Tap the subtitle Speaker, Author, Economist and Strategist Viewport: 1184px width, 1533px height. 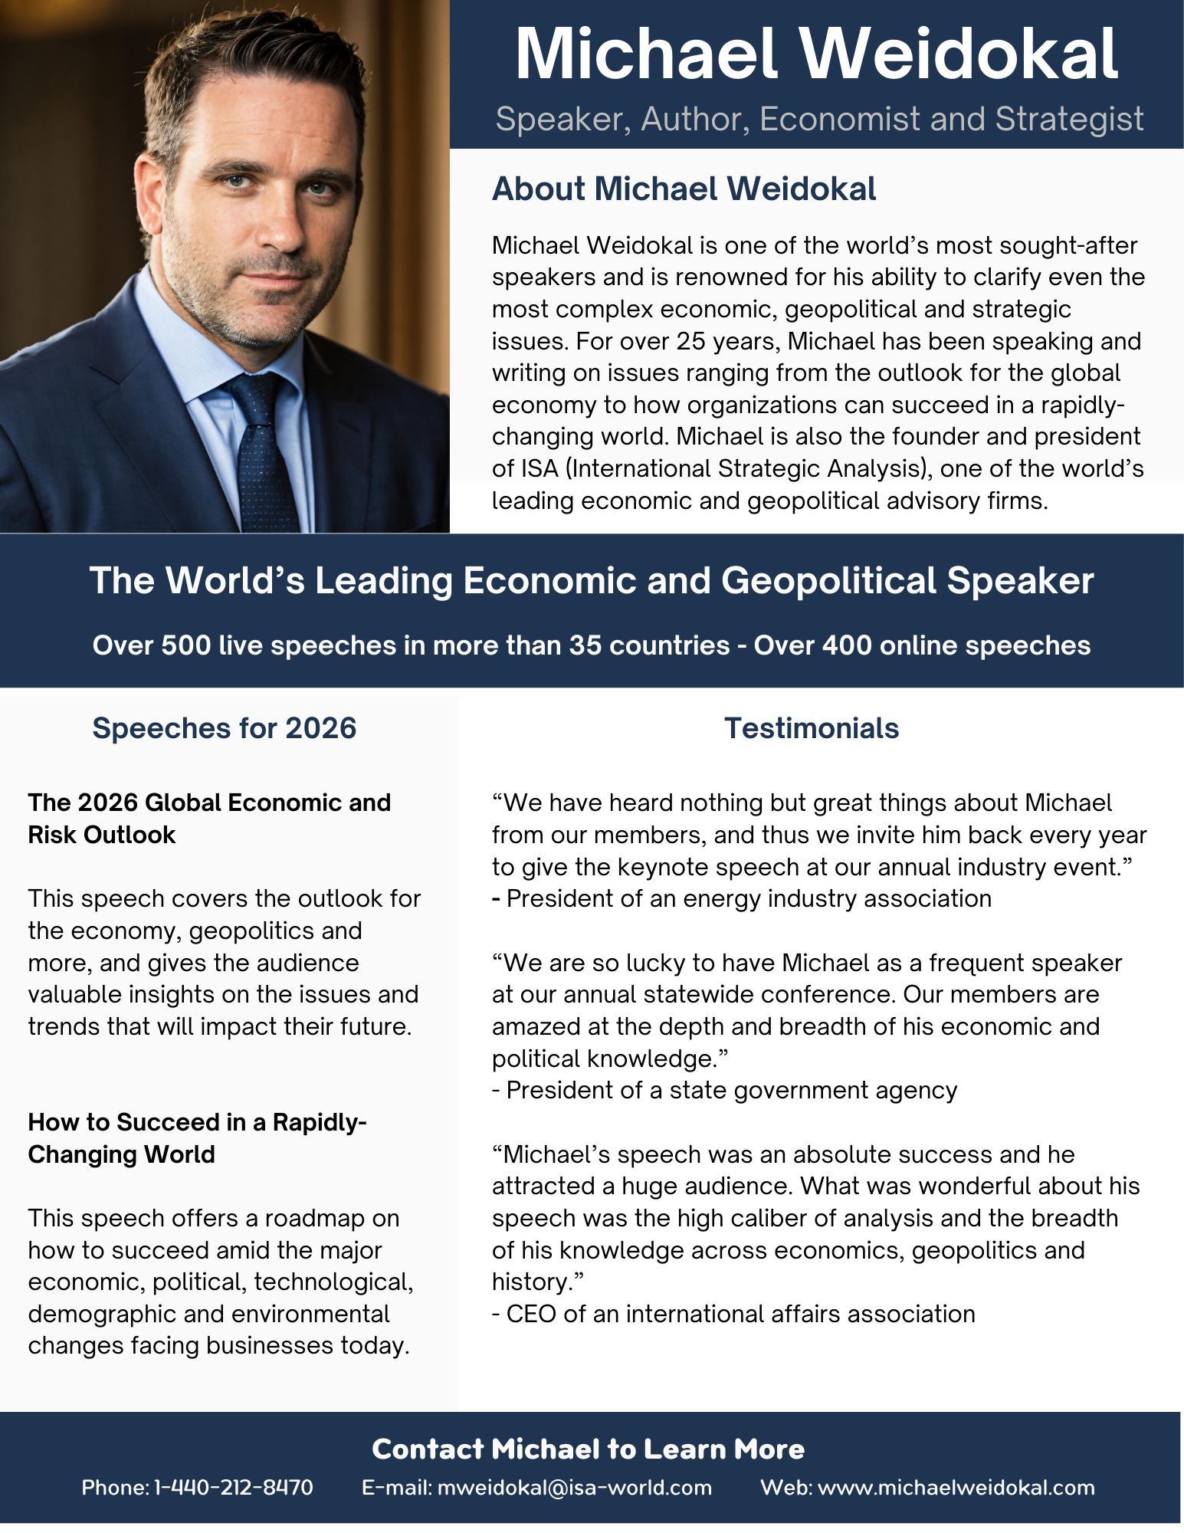(819, 120)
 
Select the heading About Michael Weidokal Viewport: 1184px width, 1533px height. (684, 189)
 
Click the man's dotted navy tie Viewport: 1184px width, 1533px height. (264, 452)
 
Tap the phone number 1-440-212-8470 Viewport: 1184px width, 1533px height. (234, 1488)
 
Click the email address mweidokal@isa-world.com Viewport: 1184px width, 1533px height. (574, 1488)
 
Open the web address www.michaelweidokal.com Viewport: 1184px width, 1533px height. (956, 1488)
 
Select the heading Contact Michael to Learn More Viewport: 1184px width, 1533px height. (588, 1449)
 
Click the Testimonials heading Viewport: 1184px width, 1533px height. (812, 728)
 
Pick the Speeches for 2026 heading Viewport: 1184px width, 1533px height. (224, 728)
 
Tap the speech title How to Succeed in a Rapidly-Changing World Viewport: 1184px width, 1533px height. (197, 1138)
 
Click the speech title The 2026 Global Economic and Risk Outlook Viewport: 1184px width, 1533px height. (208, 819)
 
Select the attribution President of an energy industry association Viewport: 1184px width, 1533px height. (749, 898)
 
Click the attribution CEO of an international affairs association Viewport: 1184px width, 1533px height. (740, 1314)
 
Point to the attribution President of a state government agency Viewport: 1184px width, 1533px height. (732, 1090)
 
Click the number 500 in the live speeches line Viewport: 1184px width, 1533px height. (185, 645)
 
